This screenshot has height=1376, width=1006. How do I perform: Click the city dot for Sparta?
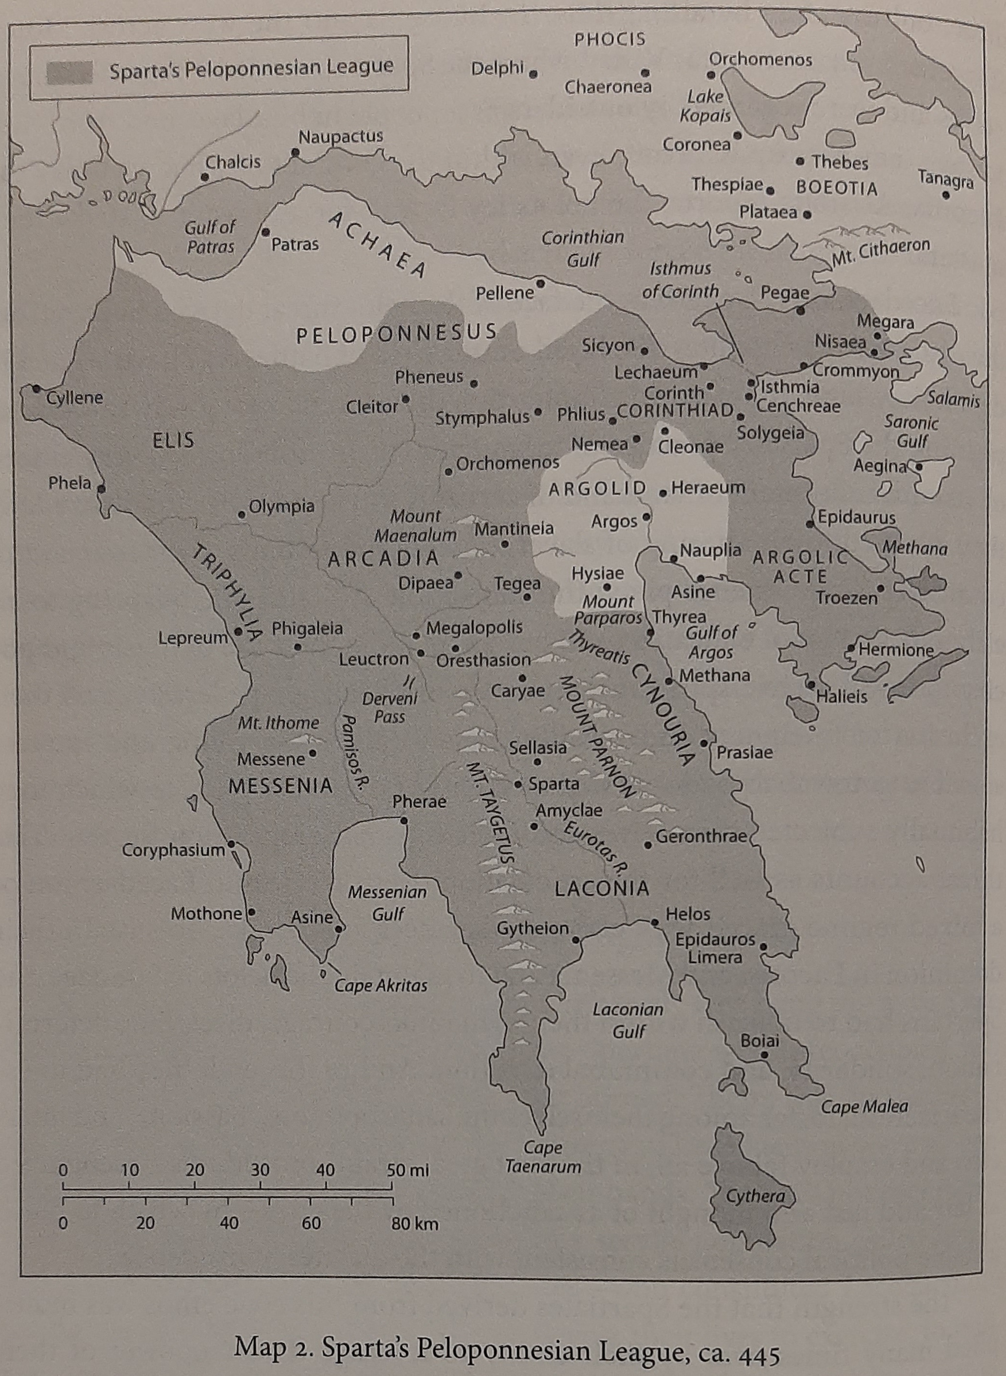[518, 784]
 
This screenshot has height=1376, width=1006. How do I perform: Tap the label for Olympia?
[281, 506]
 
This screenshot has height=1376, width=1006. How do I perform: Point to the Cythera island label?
[755, 1196]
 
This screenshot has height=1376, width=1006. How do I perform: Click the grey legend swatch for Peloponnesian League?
[70, 72]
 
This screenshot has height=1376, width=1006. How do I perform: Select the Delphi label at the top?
[497, 69]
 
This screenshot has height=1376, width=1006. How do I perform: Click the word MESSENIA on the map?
[280, 786]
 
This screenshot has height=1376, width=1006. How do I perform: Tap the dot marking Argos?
[646, 518]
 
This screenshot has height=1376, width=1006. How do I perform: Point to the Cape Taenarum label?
[543, 1156]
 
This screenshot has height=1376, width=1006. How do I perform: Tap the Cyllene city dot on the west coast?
[36, 389]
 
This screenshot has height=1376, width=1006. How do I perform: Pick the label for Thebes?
[840, 162]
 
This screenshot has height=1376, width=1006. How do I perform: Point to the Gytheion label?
[532, 928]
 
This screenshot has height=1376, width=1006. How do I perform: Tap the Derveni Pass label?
[390, 707]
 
